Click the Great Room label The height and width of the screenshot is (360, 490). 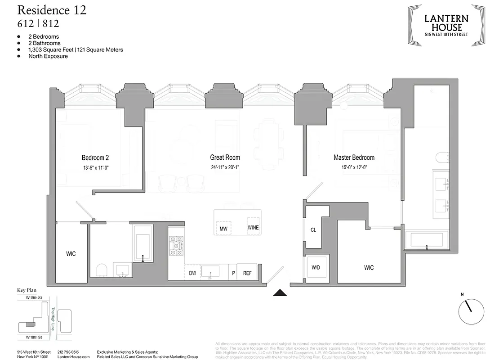pos(225,157)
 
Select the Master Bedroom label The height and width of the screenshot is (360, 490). pos(354,157)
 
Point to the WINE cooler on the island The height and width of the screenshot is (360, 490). pos(253,228)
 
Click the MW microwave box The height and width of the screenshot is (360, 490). pos(223,229)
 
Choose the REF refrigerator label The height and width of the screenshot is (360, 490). pos(247,273)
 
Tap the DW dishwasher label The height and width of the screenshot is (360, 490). pos(192,273)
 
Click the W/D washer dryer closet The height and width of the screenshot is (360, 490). pos(316,268)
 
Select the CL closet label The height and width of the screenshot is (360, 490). pos(313,229)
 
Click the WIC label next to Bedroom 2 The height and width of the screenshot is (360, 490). pos(71,254)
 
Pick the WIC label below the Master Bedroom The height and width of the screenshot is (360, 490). pos(369,268)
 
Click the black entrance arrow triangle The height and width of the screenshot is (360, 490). pos(280,293)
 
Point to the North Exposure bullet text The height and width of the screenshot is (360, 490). pos(48,56)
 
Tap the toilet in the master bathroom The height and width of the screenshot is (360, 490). pos(441,158)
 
